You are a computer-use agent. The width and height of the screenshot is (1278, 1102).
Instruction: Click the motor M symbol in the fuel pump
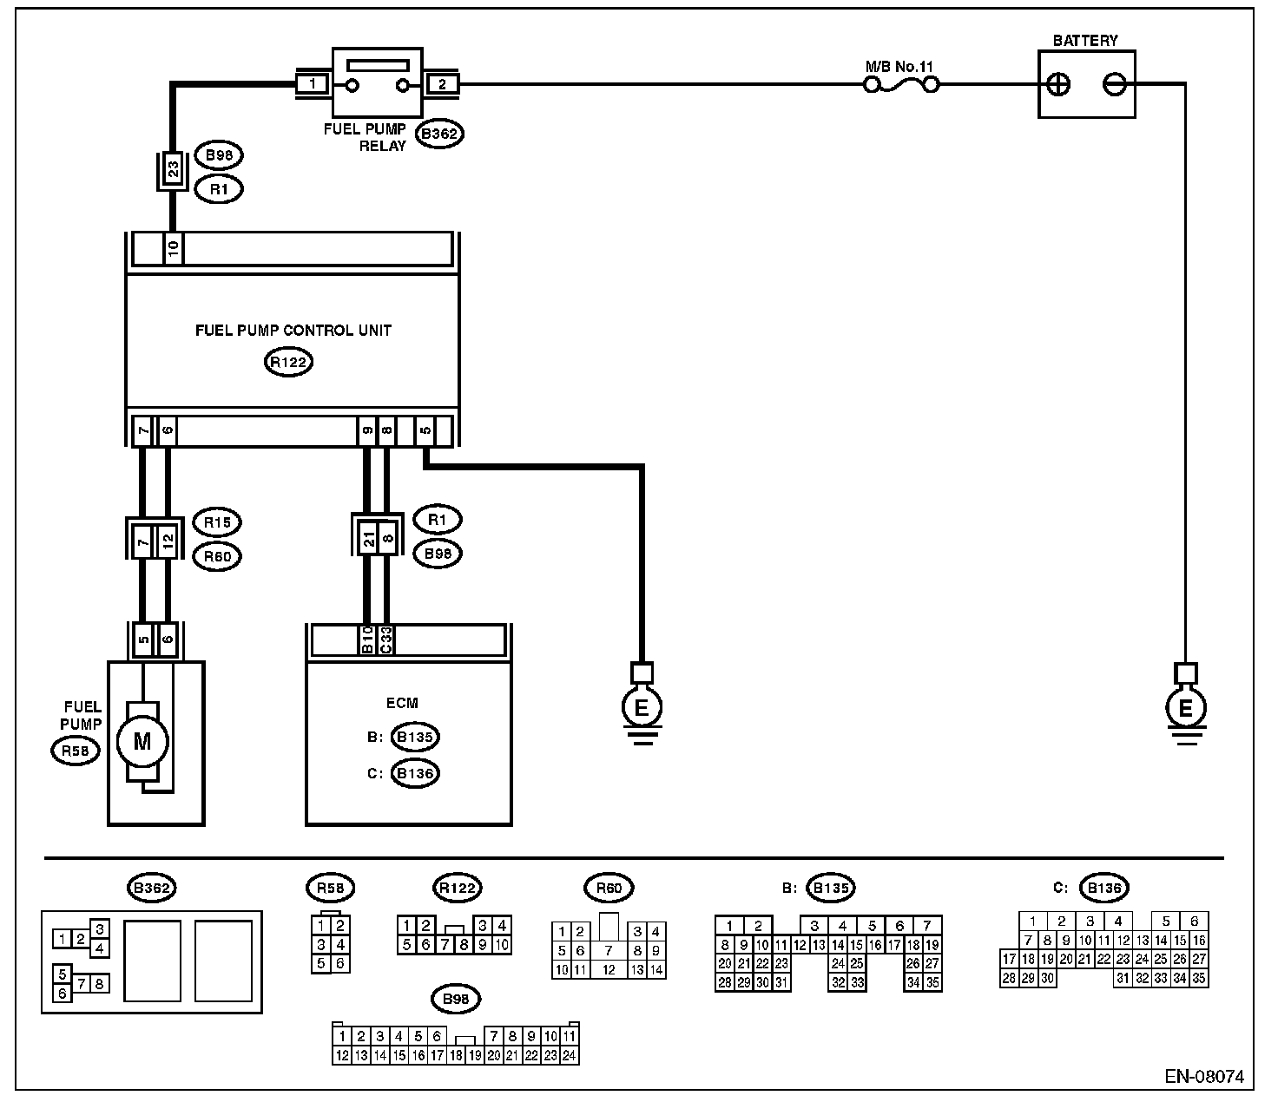pyautogui.click(x=141, y=741)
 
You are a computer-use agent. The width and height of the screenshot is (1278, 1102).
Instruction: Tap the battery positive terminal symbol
pyautogui.click(x=1058, y=85)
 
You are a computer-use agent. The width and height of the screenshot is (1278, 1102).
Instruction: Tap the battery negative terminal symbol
pyautogui.click(x=1115, y=85)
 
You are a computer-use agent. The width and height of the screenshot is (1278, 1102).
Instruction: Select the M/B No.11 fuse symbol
pyautogui.click(x=902, y=85)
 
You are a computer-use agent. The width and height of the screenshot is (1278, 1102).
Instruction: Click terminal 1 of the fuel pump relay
pyautogui.click(x=312, y=85)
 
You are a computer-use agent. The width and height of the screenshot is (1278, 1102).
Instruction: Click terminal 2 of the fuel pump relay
pyautogui.click(x=442, y=85)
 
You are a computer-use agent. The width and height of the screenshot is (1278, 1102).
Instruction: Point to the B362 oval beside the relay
pyautogui.click(x=439, y=134)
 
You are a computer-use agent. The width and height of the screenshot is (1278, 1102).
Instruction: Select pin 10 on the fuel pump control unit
pyautogui.click(x=173, y=250)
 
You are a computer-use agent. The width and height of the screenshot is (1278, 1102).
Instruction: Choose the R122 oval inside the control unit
pyautogui.click(x=288, y=362)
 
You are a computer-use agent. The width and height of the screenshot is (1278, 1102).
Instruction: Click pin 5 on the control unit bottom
pyautogui.click(x=425, y=430)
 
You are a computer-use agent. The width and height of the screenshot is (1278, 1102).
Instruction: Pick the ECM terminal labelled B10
pyautogui.click(x=367, y=640)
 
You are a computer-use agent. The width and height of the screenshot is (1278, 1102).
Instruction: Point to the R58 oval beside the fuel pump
pyautogui.click(x=76, y=751)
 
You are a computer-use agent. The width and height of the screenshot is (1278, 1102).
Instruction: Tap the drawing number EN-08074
pyautogui.click(x=1204, y=1077)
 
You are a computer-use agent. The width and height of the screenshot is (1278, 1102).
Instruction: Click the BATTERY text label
pyautogui.click(x=1085, y=41)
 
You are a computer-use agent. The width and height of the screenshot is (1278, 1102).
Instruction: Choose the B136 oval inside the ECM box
pyautogui.click(x=415, y=773)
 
